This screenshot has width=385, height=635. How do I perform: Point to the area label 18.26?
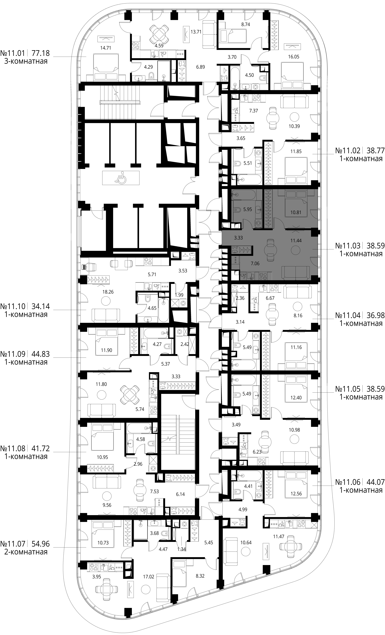click(x=108, y=292)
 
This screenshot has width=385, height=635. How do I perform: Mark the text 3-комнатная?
click(x=26, y=61)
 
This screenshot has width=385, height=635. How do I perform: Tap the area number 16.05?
click(x=293, y=57)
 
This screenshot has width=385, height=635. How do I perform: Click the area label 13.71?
click(x=196, y=32)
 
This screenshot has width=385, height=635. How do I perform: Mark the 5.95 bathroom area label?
click(x=247, y=210)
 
